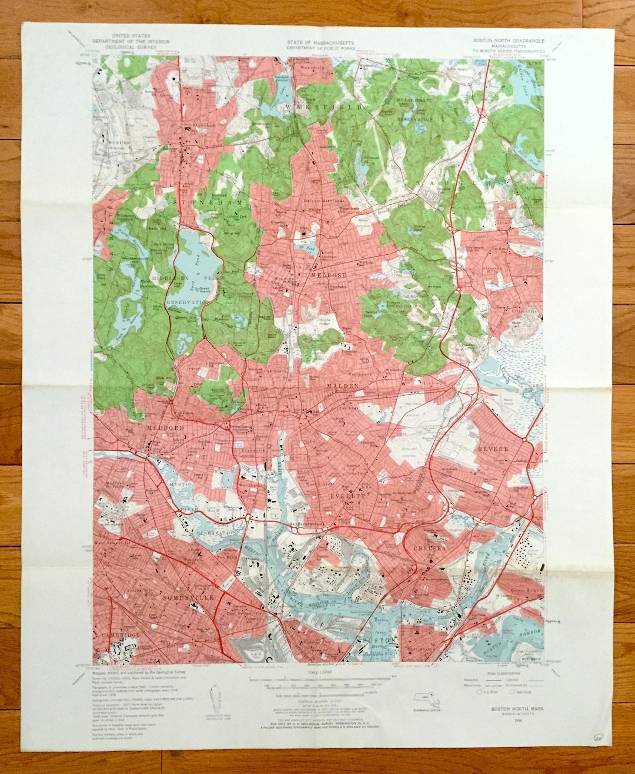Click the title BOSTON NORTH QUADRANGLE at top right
click(x=509, y=41)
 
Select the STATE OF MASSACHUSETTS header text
click(x=320, y=43)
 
